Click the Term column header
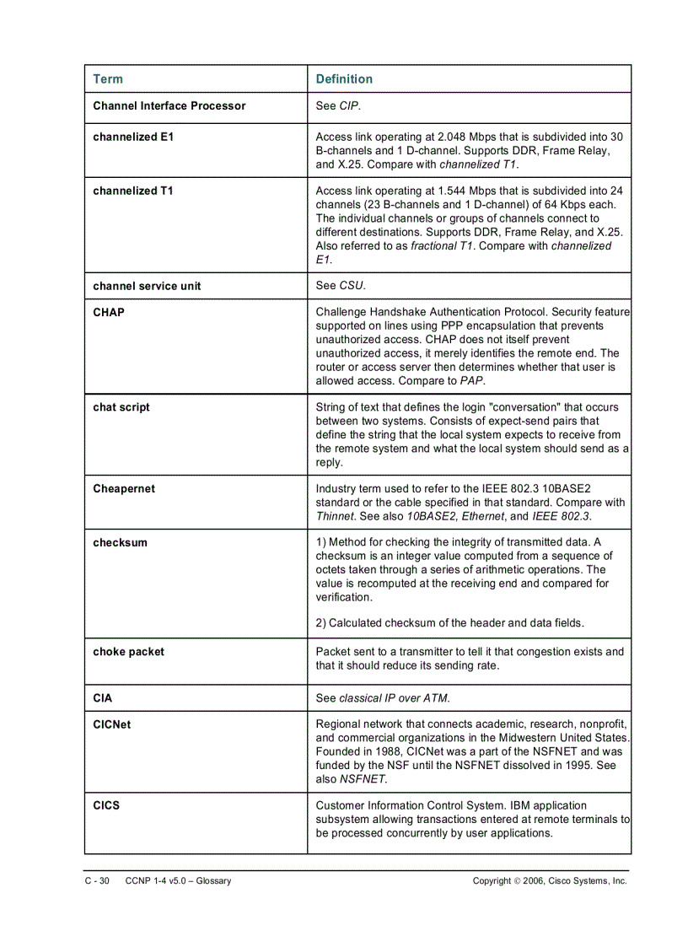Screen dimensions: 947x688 (108, 79)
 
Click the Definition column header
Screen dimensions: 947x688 (344, 79)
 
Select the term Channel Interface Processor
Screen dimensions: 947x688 (169, 105)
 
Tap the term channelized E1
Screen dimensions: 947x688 (133, 137)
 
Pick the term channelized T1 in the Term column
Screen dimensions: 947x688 (133, 191)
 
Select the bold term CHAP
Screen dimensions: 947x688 (109, 312)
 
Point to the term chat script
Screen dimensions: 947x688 (121, 407)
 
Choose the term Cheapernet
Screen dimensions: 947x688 (124, 489)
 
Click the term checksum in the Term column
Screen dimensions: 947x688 (120, 543)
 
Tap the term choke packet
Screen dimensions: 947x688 (129, 652)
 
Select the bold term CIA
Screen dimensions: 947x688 (103, 698)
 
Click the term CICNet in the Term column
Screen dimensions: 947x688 (112, 724)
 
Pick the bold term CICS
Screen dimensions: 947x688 (107, 805)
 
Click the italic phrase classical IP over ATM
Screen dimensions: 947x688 (394, 698)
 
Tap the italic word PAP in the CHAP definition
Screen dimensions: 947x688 (471, 381)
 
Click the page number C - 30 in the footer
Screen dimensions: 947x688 (98, 881)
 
